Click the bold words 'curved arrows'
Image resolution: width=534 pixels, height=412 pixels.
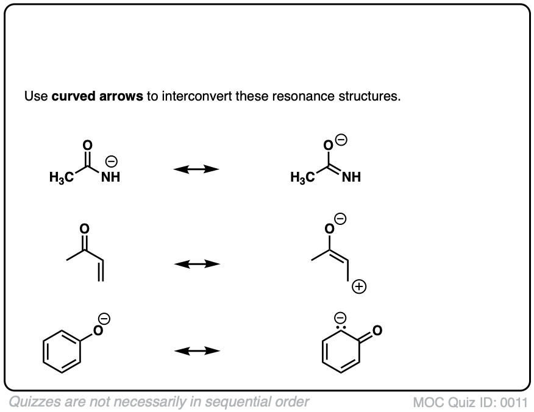[x=98, y=96]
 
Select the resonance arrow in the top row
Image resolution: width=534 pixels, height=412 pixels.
[x=196, y=169]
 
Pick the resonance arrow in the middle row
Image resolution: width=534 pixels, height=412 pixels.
[x=196, y=264]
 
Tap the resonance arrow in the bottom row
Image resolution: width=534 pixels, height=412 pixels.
[x=196, y=350]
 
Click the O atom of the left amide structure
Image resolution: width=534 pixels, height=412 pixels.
[x=88, y=145]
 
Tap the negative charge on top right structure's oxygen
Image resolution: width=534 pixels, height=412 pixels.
[x=342, y=140]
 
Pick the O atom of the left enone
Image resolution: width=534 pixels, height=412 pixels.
[x=84, y=229]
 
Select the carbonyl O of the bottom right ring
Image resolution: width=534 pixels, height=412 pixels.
[x=377, y=331]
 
